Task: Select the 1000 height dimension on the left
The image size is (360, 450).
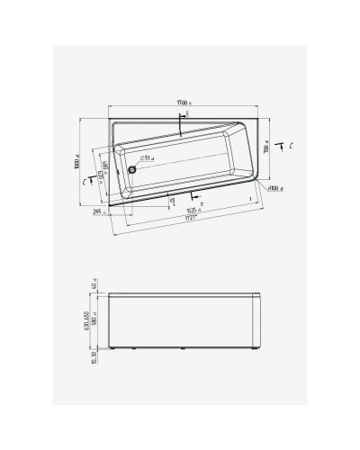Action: point(79,163)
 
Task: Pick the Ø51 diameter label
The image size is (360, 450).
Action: point(145,157)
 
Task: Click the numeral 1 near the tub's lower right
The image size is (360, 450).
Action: point(250,196)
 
